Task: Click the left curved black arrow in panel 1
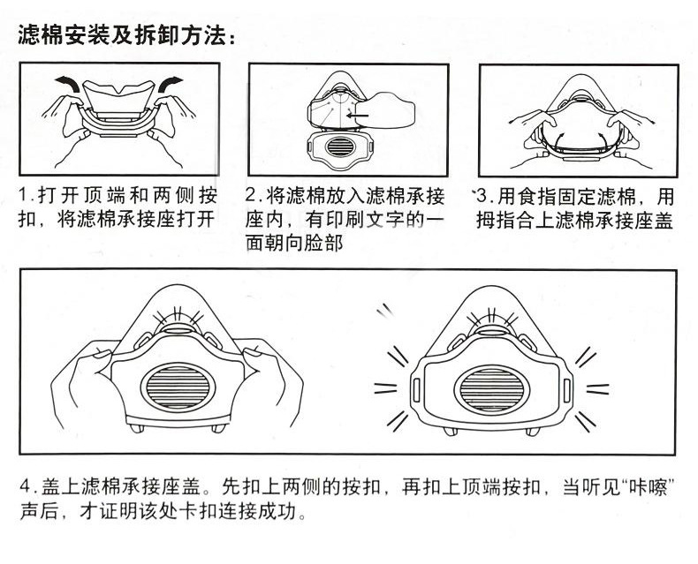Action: click(68, 83)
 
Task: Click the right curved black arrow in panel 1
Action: click(171, 84)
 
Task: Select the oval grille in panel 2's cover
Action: click(340, 147)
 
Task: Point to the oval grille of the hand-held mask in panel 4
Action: click(178, 388)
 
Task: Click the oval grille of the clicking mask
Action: click(492, 389)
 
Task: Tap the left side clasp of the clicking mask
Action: click(417, 389)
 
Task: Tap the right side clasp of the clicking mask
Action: click(566, 390)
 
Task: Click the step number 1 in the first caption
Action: click(24, 195)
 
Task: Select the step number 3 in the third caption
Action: click(482, 196)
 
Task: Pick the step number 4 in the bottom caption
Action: click(25, 486)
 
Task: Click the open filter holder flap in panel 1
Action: click(119, 97)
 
